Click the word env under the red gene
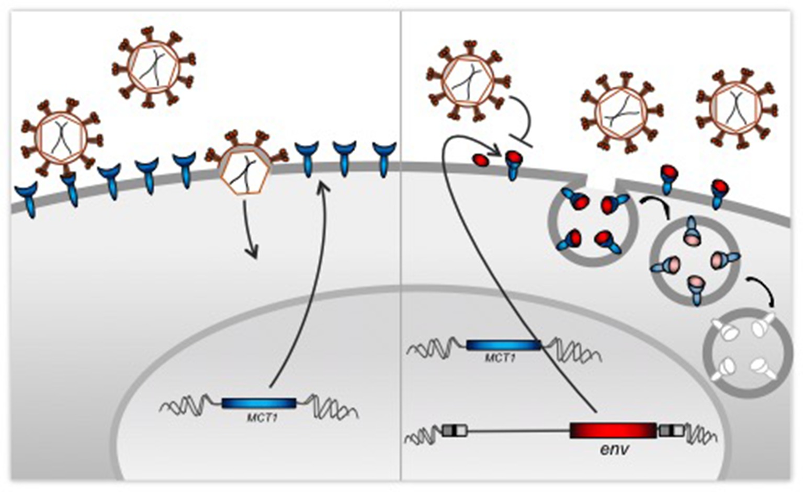[x=615, y=449]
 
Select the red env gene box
[x=613, y=430]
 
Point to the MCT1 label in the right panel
[x=500, y=358]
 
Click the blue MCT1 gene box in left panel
[x=259, y=403]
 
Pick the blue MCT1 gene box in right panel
[x=503, y=345]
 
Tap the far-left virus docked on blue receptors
[x=61, y=138]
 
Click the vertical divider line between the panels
[x=401, y=246]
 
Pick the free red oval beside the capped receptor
[x=481, y=159]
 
